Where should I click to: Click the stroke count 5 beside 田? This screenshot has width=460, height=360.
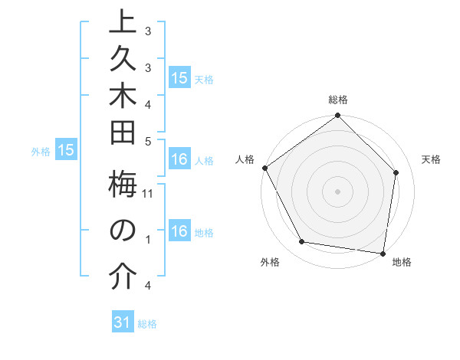click(x=147, y=141)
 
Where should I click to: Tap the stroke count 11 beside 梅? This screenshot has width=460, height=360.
click(x=148, y=193)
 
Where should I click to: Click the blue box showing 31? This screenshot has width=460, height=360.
click(x=123, y=322)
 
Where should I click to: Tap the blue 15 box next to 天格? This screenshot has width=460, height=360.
click(x=179, y=78)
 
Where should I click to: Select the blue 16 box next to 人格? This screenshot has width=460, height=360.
click(x=179, y=160)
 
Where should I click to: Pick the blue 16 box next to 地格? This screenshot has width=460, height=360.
click(x=179, y=232)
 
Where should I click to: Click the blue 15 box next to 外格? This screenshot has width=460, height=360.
click(x=66, y=151)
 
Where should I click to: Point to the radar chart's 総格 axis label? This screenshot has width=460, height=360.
click(x=338, y=100)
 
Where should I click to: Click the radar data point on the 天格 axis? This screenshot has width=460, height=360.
click(x=396, y=172)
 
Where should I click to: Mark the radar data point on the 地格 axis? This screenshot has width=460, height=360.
click(x=383, y=253)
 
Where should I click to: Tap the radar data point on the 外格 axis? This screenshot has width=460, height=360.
click(x=302, y=242)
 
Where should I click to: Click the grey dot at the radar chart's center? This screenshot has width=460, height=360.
click(x=338, y=191)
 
